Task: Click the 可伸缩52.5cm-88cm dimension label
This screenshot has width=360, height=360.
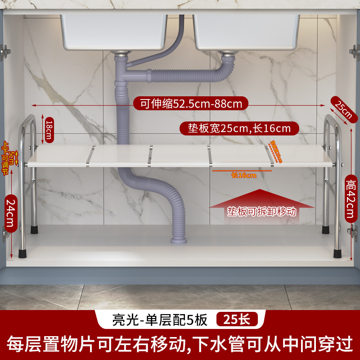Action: click(191, 104)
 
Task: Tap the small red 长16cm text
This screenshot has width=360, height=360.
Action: click(243, 175)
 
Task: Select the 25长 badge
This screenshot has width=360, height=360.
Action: click(238, 319)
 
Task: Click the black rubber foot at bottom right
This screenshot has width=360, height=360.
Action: click(337, 252)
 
